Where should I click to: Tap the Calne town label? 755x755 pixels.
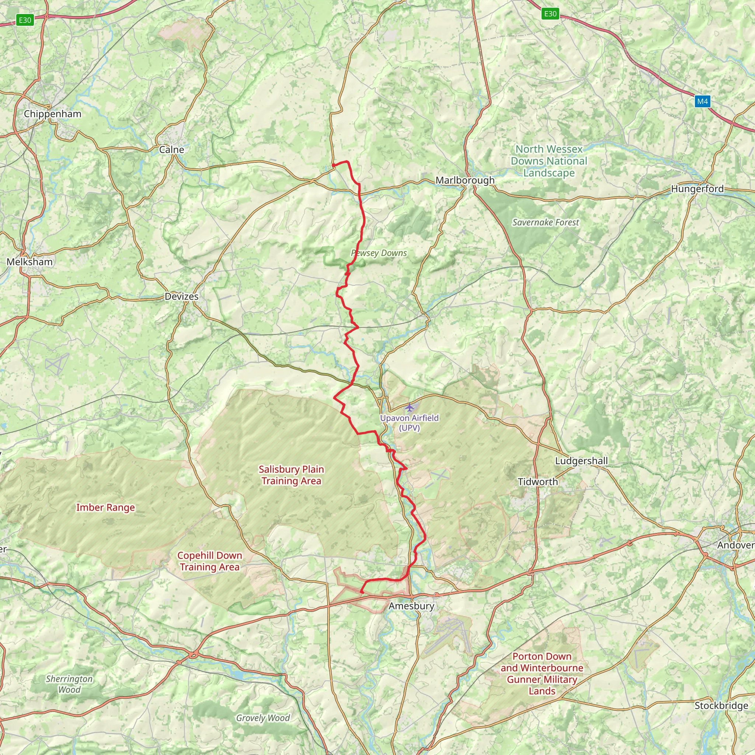click(x=171, y=149)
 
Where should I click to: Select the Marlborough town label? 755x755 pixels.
click(x=465, y=180)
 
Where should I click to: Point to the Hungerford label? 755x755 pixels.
click(x=697, y=189)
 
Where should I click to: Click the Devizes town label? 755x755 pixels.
click(x=181, y=296)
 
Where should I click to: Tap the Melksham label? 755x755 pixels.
click(x=30, y=262)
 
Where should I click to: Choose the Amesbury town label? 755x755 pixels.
click(x=411, y=606)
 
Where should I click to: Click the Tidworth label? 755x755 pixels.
click(x=538, y=482)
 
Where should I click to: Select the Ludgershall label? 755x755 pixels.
click(x=581, y=461)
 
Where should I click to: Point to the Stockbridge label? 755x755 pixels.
click(x=721, y=705)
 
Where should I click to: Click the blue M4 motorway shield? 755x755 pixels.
click(x=702, y=102)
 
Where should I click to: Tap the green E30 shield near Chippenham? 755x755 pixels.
click(x=25, y=20)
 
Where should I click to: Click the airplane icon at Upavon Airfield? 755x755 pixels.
click(x=409, y=408)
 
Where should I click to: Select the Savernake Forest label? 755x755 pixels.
click(x=545, y=222)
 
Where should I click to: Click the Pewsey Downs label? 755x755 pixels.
click(x=379, y=253)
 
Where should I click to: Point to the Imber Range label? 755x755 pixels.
click(x=105, y=507)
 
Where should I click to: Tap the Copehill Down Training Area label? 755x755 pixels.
click(x=209, y=561)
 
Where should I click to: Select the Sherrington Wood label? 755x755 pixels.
click(x=69, y=684)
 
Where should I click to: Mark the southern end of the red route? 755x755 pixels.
click(x=362, y=592)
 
